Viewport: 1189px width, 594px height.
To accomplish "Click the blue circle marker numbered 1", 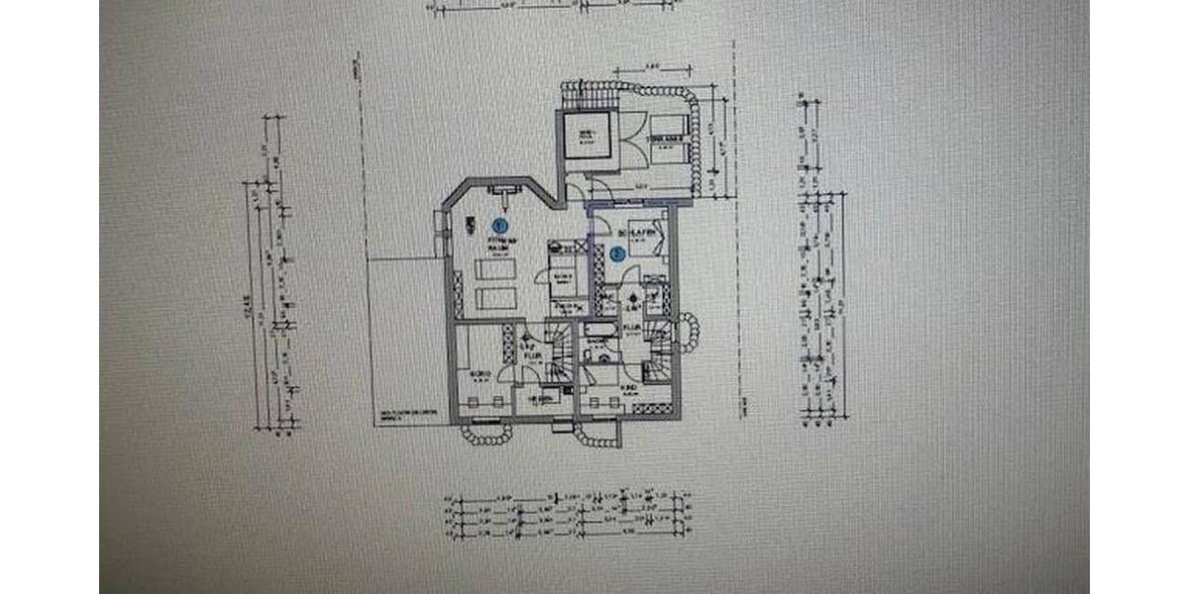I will coord(500,224).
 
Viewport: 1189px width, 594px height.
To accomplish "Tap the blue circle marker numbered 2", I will coord(616,253).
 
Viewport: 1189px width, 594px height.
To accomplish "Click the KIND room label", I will coord(630,387).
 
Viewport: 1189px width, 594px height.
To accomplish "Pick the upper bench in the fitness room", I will coord(495,269).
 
